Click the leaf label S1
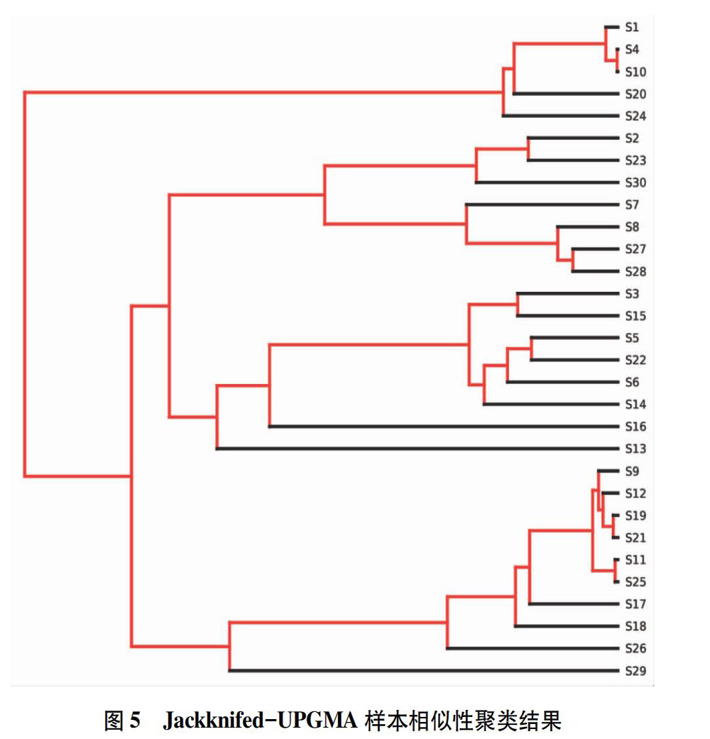tap(632, 28)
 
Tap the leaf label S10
tap(635, 72)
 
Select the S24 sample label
tap(635, 116)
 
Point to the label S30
tap(635, 182)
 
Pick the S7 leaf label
tap(632, 204)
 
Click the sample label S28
tap(635, 271)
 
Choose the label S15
tap(635, 316)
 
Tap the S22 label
tap(635, 360)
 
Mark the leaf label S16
tap(635, 427)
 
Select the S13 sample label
tap(635, 449)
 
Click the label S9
tap(632, 471)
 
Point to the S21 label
tap(635, 538)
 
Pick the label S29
tap(635, 671)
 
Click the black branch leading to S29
tap(424, 670)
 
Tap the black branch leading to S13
tap(417, 448)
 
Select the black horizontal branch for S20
tap(566, 94)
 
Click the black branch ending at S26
tap(532, 648)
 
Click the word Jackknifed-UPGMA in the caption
tap(261, 720)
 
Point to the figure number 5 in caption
tap(135, 721)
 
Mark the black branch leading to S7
tap(542, 204)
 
